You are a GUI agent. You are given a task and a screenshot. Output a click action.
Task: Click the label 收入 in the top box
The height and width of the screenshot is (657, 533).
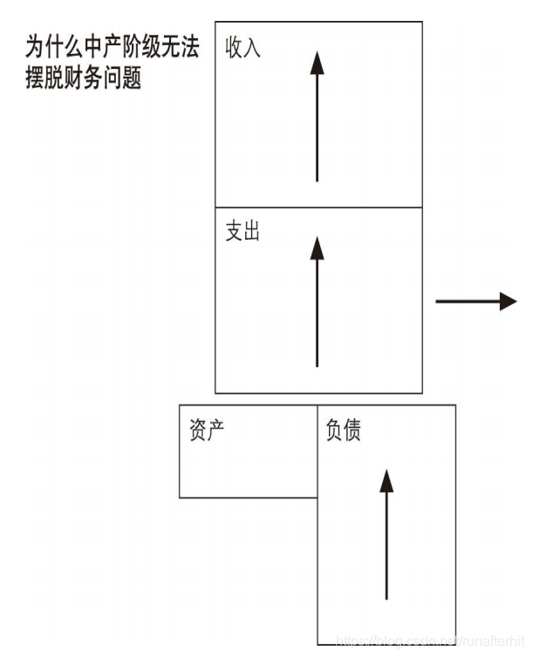pyautogui.click(x=243, y=47)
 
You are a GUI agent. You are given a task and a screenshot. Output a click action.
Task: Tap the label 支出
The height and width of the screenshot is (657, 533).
pyautogui.click(x=243, y=233)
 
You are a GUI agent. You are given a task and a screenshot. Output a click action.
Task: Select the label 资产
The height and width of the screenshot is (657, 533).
pyautogui.click(x=208, y=430)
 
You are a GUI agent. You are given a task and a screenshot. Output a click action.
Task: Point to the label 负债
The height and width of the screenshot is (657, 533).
pyautogui.click(x=343, y=430)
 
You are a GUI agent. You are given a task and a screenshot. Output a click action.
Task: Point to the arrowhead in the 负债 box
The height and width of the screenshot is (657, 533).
pyautogui.click(x=386, y=479)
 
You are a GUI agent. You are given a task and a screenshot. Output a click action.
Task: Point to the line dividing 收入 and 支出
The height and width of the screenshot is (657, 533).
pyautogui.click(x=318, y=207)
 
